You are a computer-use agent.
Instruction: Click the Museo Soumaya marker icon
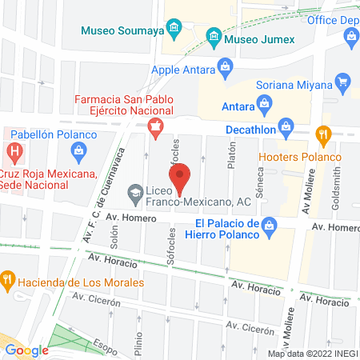(x=171, y=31)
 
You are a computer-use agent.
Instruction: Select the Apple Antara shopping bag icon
(x=226, y=65)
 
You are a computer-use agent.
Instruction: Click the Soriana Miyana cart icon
(x=343, y=80)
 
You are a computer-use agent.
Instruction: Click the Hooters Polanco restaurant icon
(x=323, y=134)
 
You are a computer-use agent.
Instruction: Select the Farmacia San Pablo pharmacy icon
(x=155, y=126)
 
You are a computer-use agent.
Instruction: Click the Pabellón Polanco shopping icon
(x=78, y=150)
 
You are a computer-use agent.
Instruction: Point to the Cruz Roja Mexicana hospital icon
(x=13, y=150)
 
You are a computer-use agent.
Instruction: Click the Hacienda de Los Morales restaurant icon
(x=8, y=278)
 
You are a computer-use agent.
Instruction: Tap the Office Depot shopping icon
(x=351, y=35)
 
